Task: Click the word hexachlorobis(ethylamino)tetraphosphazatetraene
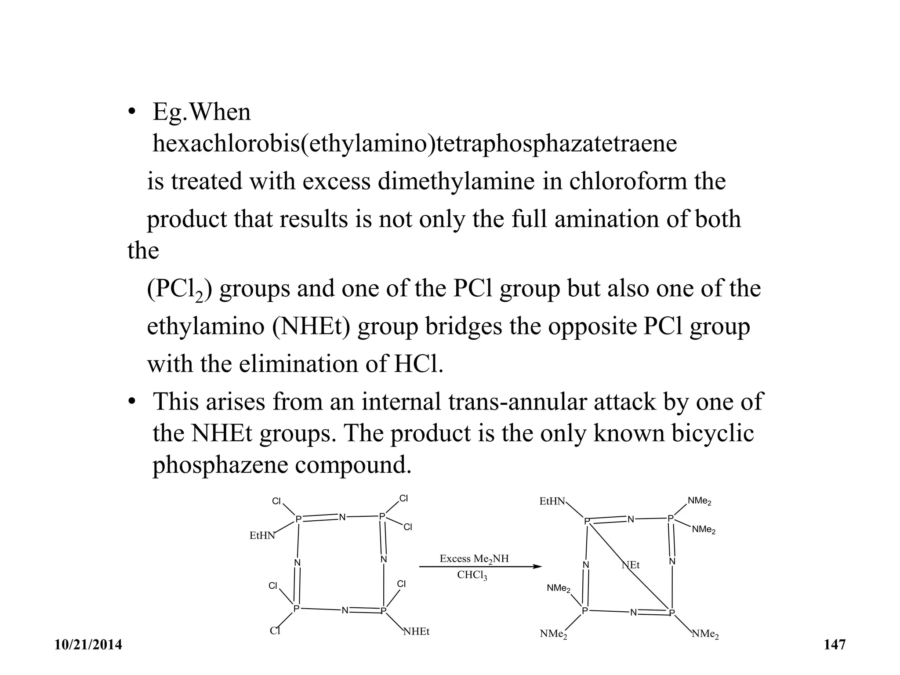pos(414,144)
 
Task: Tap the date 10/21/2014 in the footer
pos(88,645)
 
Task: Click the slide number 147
pos(835,645)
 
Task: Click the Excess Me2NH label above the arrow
pos(474,559)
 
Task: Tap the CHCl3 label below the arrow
pos(472,575)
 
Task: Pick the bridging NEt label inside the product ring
pos(631,565)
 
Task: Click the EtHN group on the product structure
pos(552,501)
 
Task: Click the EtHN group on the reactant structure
pos(262,536)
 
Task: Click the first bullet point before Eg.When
pos(131,112)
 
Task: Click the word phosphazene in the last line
pos(220,465)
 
